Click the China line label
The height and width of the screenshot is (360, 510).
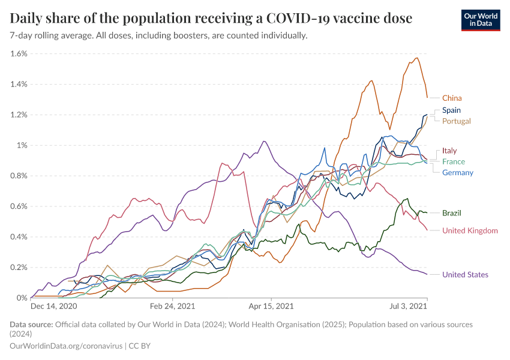click(452, 98)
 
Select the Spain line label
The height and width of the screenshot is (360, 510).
click(451, 110)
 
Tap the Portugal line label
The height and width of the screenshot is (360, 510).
click(456, 121)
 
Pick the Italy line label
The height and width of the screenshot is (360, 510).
click(449, 151)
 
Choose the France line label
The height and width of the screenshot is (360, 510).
click(454, 162)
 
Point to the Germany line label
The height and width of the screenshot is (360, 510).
click(458, 173)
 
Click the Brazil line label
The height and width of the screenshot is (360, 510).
click(451, 213)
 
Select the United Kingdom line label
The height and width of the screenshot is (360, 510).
click(470, 230)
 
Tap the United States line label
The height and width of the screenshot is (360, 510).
click(465, 275)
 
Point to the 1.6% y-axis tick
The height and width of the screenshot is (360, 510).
click(19, 53)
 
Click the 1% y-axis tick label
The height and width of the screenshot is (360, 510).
click(22, 145)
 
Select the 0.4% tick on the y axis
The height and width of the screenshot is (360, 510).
click(19, 237)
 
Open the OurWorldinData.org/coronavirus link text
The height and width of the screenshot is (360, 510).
click(67, 346)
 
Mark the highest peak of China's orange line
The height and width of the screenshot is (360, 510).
click(416, 58)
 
